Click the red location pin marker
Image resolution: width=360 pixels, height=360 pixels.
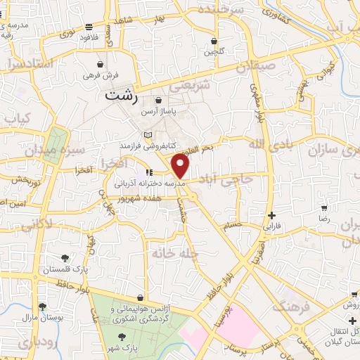click(181, 166)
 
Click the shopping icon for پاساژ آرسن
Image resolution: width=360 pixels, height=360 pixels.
click(158, 101)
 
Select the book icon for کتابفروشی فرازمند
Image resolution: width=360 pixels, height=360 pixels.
click(147, 134)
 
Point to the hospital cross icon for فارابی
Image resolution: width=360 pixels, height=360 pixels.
click(271, 215)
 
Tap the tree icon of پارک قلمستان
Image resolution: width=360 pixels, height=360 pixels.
click(65, 258)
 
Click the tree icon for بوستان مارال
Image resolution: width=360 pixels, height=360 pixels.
click(42, 306)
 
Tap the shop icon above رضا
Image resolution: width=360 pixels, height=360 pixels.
click(323, 208)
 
